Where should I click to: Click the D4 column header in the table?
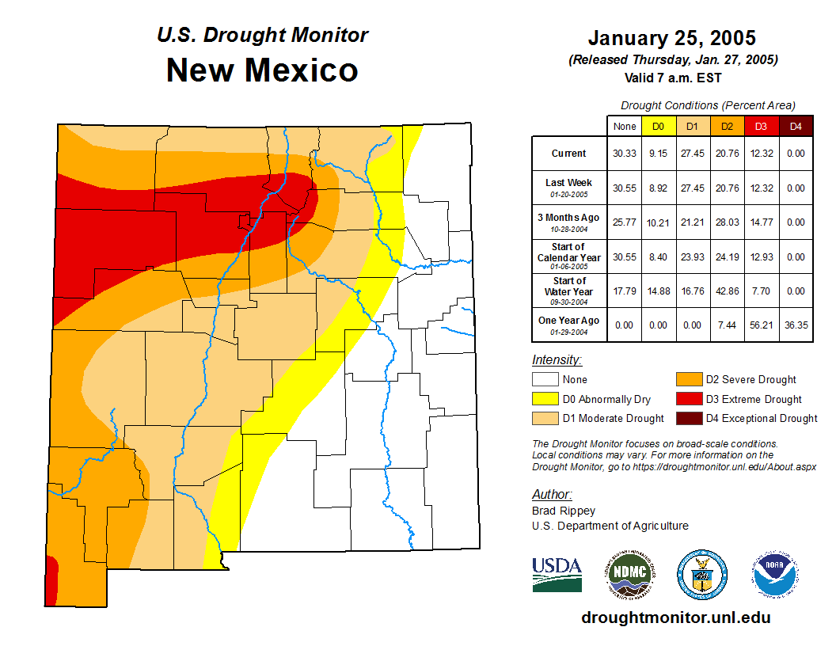coord(796,126)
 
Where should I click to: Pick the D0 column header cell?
coord(658,126)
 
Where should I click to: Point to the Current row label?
coord(569,154)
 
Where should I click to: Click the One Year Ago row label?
coord(569,321)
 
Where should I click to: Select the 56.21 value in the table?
coord(761,325)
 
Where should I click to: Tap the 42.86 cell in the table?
coord(727,291)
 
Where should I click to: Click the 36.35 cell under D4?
coord(796,325)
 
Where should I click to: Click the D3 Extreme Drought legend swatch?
coord(688,399)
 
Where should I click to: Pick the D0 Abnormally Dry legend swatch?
coord(545,399)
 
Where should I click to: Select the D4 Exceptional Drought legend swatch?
coord(688,418)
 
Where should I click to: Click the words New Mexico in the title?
coord(261,70)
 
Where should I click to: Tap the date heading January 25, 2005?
coord(672,38)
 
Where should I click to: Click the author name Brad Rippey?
coord(564,511)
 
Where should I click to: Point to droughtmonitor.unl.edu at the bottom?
coord(675,617)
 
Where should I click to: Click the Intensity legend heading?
coord(557,360)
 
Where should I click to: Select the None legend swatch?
coord(545,380)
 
